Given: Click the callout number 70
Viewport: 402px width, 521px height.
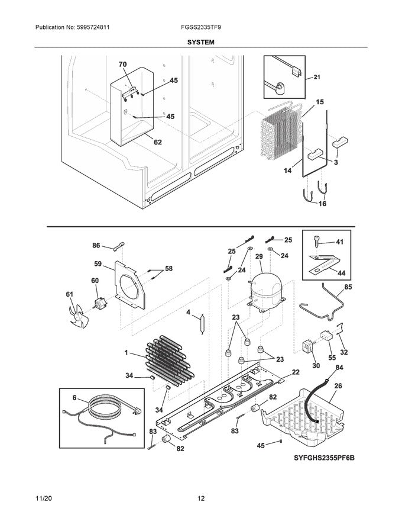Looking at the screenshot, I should click(x=123, y=64).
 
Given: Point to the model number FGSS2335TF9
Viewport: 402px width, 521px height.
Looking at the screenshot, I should click(x=201, y=28).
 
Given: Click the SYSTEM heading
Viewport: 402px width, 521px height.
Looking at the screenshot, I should click(x=201, y=42).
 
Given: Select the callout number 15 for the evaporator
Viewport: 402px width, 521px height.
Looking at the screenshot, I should click(x=320, y=102).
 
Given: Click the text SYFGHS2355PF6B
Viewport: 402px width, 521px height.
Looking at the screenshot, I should click(x=327, y=458).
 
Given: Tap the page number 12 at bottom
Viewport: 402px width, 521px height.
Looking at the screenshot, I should click(x=201, y=499).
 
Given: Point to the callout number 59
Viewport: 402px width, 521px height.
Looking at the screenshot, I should click(x=98, y=263).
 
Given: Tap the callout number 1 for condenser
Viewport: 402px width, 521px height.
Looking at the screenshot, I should click(x=125, y=354).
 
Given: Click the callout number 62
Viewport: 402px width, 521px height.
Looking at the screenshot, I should click(x=158, y=141).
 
